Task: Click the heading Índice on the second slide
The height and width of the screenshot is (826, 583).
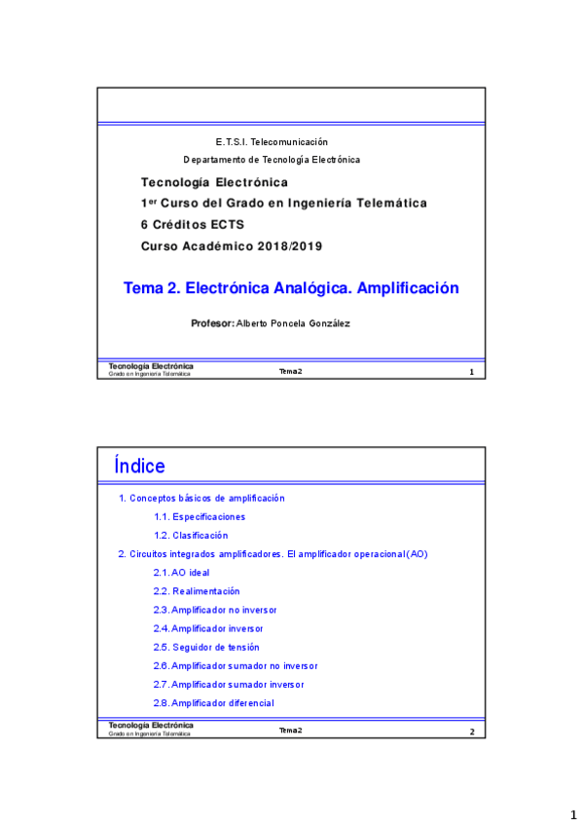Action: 139,467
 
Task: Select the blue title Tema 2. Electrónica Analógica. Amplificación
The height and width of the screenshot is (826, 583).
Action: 290,288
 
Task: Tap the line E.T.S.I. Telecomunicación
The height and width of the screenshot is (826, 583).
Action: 272,142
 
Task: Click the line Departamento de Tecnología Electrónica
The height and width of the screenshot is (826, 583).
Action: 272,160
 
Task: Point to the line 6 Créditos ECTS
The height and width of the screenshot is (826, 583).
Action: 193,224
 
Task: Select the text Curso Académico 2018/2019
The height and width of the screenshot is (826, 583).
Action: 232,246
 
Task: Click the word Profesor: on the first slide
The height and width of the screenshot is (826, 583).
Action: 213,323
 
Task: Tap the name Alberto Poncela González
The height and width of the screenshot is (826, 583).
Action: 293,323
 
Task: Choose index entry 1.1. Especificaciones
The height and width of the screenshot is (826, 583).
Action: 200,516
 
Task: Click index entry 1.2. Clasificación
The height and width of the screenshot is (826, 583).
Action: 191,535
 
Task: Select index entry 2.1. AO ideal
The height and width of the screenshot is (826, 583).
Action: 181,573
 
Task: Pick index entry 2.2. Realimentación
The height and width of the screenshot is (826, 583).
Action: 197,591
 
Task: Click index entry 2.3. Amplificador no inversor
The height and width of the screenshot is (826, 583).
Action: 215,610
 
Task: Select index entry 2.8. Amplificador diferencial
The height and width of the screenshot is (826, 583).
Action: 213,703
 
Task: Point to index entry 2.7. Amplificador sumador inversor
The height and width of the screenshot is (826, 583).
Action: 229,685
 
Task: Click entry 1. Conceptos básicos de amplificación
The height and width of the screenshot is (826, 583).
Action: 201,498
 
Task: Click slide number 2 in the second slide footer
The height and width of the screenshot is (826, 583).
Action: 471,732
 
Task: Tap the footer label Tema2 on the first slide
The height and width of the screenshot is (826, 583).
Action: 290,371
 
